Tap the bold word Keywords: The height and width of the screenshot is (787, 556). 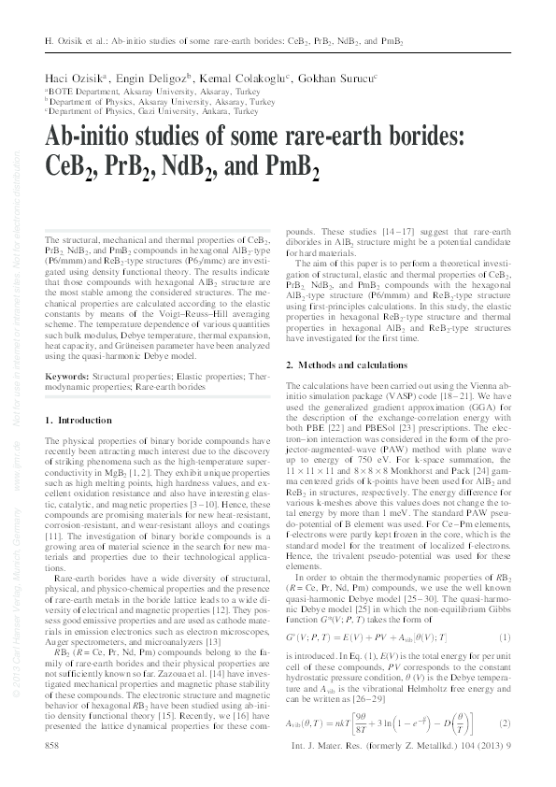coord(72,375)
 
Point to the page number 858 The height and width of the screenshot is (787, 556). coord(54,748)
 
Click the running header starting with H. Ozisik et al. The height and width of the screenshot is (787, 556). coord(223,42)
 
